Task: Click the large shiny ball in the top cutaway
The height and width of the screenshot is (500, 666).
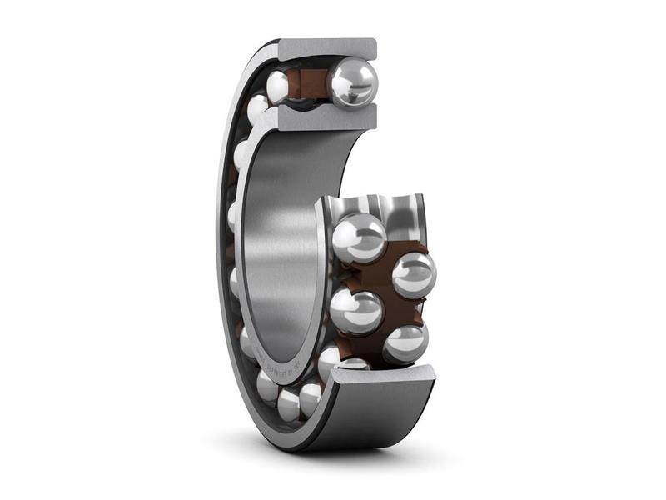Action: pos(352,82)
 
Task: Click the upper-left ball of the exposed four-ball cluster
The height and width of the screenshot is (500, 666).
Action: pos(359,237)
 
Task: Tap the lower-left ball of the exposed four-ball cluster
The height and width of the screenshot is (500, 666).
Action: pos(356,311)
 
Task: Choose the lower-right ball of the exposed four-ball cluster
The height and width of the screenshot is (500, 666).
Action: pos(406,342)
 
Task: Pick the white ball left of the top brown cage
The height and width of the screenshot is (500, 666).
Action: pos(278,86)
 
